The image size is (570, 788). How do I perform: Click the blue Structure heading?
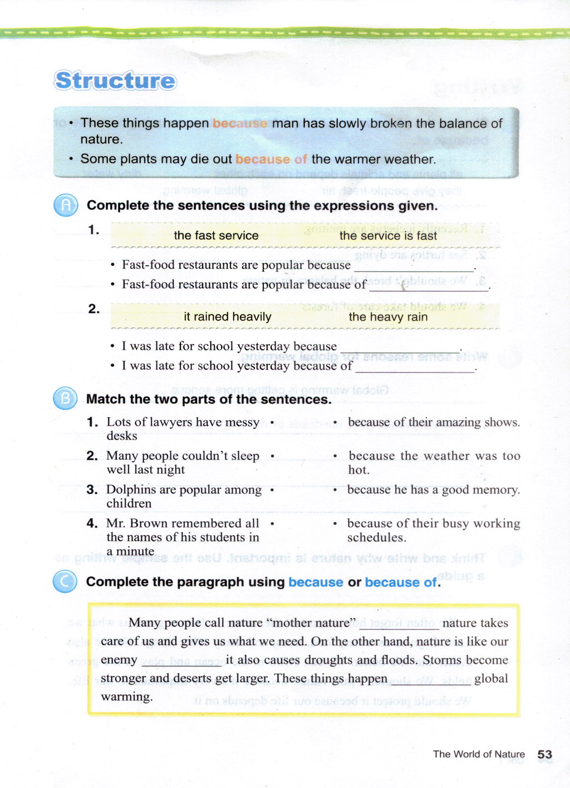point(115,81)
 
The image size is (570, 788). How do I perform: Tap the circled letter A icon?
point(66,205)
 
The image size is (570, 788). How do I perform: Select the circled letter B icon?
point(65,399)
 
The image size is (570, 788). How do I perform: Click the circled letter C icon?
point(65,582)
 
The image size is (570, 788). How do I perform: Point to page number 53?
point(545,754)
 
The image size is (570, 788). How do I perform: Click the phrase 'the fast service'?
point(216,236)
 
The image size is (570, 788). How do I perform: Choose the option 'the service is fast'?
point(388,236)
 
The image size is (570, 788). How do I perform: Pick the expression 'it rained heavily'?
point(228,317)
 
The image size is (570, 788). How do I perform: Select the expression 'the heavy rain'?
point(388,317)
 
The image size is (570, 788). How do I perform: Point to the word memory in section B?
point(499,490)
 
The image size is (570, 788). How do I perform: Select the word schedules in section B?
point(375,537)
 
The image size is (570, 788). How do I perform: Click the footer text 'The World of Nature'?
point(479,754)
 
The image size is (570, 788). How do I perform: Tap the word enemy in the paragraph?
point(119,660)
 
